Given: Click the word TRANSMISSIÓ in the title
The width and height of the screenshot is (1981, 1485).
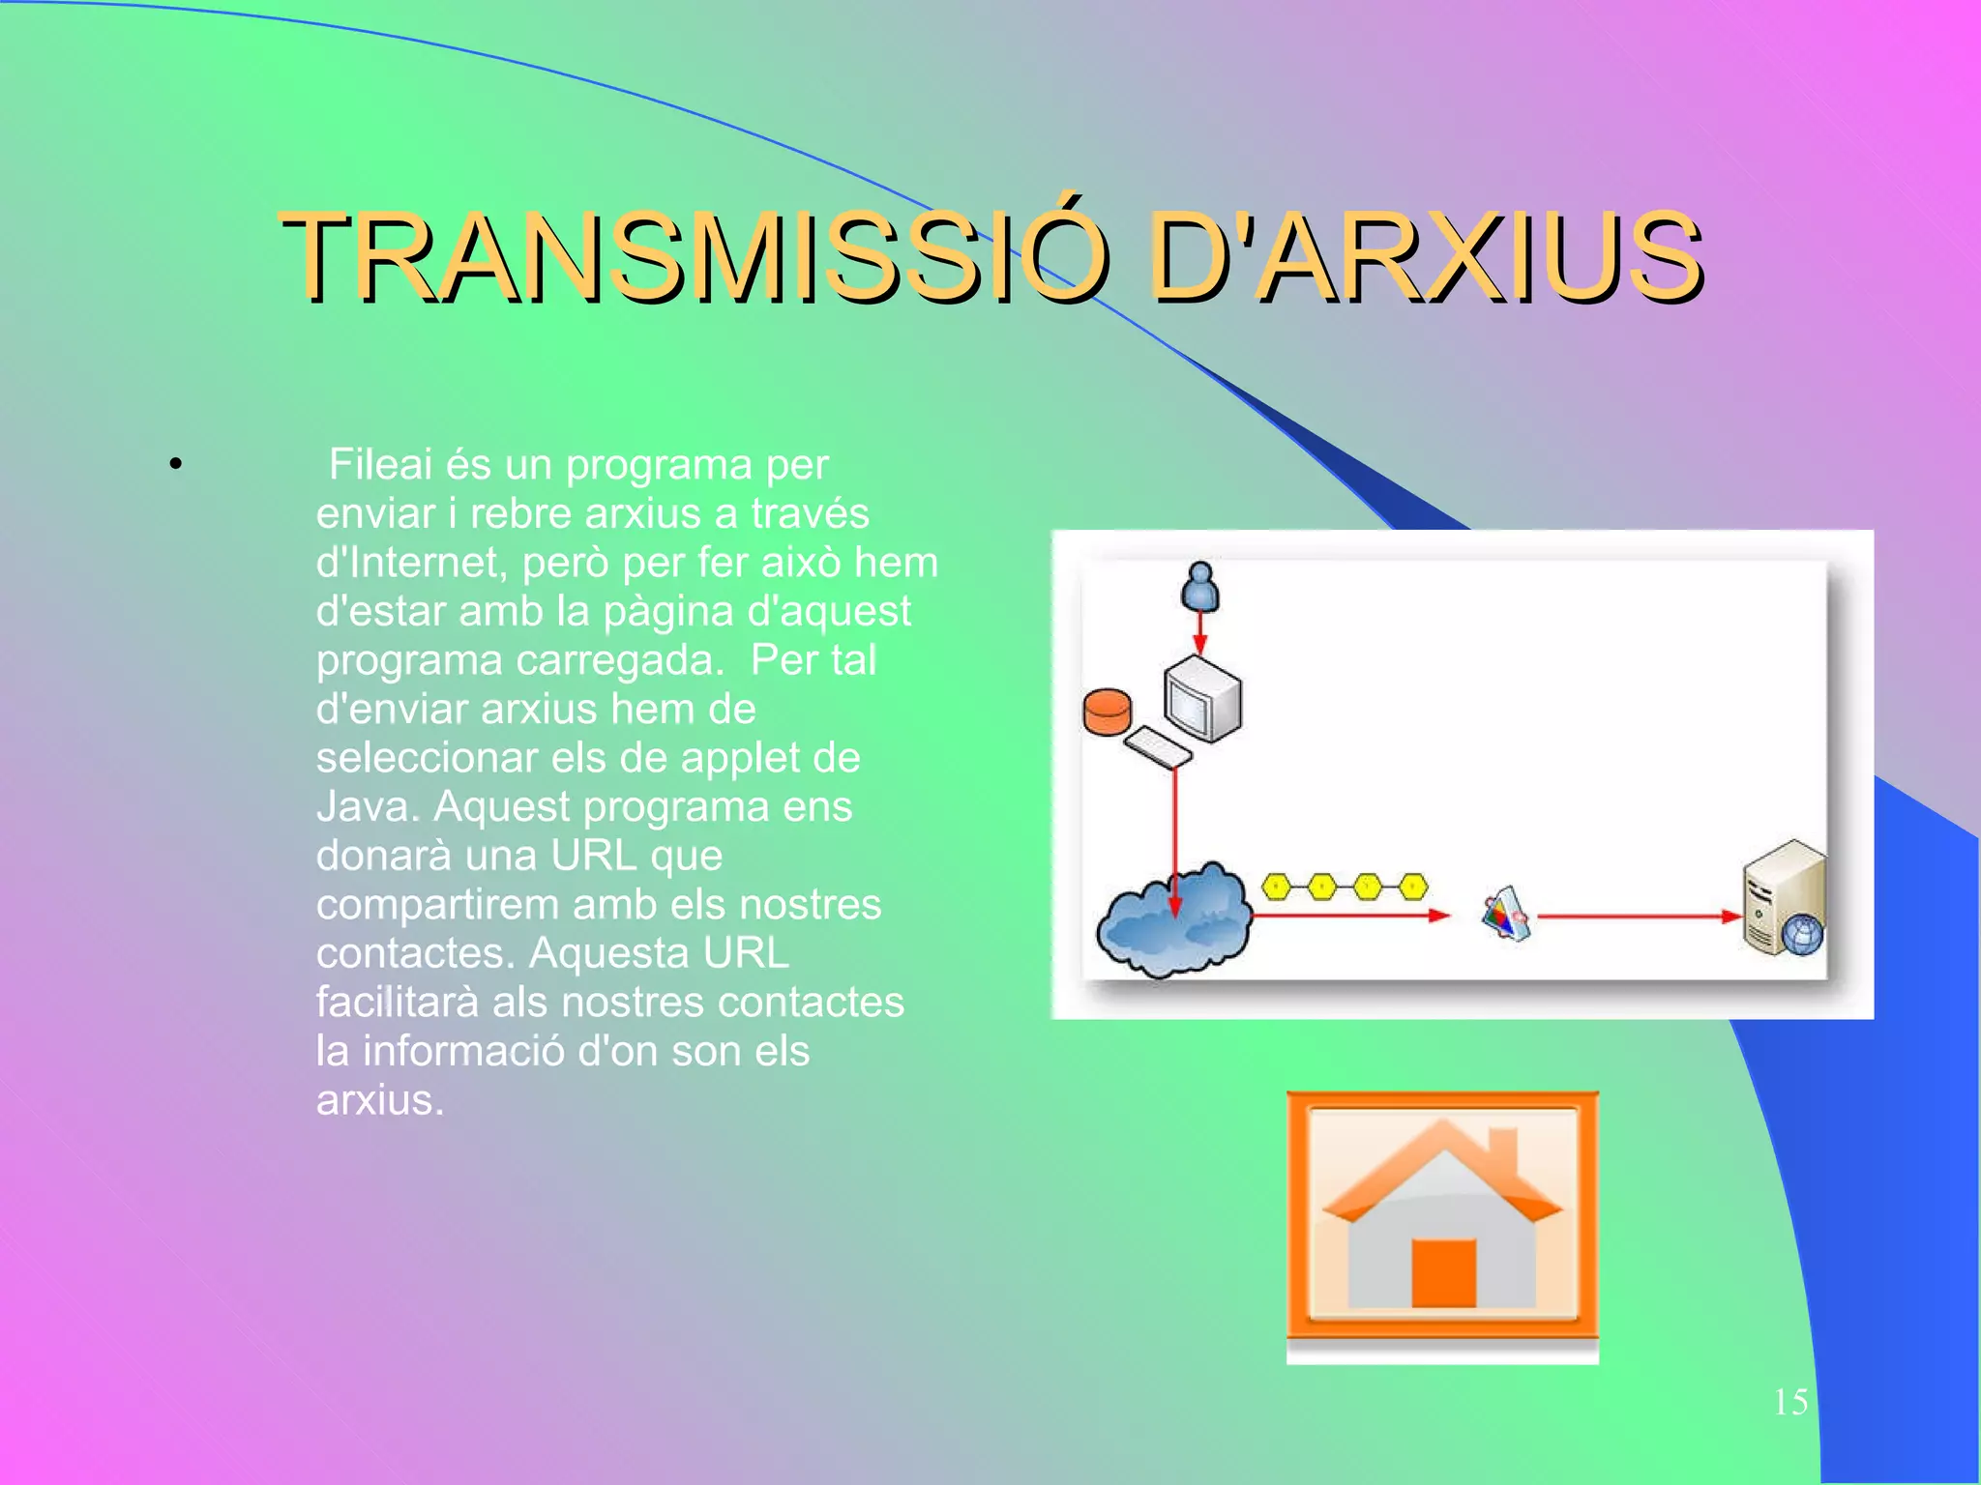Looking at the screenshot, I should [692, 258].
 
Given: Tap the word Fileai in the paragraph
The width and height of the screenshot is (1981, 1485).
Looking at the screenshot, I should [379, 465].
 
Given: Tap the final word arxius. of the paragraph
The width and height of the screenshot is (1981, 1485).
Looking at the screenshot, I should [379, 1100].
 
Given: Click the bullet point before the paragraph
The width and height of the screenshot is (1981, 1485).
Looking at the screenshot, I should [175, 466].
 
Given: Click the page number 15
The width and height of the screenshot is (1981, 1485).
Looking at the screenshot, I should [1790, 1402].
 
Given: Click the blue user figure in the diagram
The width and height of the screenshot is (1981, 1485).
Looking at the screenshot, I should [1199, 587].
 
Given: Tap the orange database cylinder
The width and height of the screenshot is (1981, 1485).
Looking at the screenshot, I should [1107, 713].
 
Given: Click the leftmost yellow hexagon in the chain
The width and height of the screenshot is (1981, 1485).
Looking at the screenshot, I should [1277, 886].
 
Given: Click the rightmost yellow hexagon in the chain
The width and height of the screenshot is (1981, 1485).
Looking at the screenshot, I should [1413, 886].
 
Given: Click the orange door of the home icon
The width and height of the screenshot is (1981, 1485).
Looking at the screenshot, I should [1443, 1272].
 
